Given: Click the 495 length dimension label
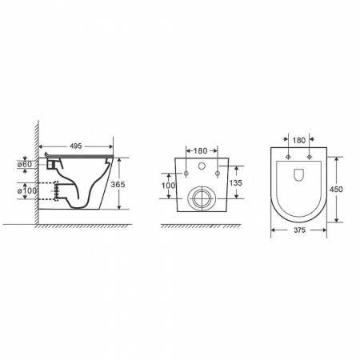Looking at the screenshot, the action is coord(76,146).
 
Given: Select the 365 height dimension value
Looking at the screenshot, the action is coord(118,184).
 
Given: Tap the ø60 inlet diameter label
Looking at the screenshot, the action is coord(25,164).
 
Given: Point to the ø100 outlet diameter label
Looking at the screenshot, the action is coord(27,191).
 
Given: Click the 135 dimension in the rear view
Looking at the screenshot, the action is coord(235,183).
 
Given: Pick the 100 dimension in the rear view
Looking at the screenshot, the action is coord(168,186).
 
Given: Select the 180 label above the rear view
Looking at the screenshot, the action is coord(200,151).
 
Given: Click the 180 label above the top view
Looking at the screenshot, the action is coord(299,140).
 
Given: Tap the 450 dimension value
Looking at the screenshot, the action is coord(336,190).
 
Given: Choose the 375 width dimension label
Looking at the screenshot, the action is coord(299,230).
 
